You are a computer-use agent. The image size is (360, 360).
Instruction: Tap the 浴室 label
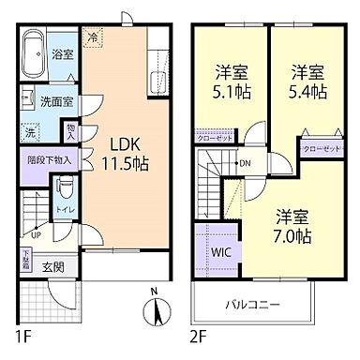[64, 54]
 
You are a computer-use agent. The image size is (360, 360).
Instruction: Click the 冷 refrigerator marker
[93, 37]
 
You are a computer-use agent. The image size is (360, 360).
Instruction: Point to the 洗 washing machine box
[31, 131]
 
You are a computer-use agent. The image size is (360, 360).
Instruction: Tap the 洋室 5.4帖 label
[307, 82]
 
